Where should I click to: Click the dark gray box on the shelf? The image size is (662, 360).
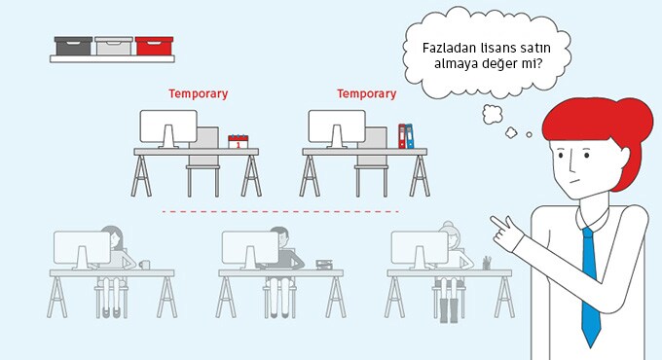click(x=73, y=46)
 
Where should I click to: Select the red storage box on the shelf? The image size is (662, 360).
click(x=154, y=46)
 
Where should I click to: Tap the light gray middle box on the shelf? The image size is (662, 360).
click(x=114, y=46)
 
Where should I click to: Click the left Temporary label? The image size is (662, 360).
click(x=198, y=93)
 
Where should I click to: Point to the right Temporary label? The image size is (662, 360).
click(x=366, y=93)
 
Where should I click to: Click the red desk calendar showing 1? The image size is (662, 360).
click(x=239, y=141)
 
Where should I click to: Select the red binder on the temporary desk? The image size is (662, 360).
click(x=401, y=136)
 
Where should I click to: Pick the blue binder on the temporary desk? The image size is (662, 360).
click(x=409, y=136)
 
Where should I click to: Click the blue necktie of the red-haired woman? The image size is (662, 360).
click(x=591, y=287)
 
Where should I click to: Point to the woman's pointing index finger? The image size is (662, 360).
click(x=497, y=222)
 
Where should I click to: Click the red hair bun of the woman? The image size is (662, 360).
click(x=636, y=123)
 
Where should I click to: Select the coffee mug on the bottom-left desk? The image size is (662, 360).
click(x=144, y=265)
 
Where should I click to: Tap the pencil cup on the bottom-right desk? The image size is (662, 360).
click(x=487, y=263)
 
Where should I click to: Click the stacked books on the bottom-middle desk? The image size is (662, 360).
click(x=324, y=265)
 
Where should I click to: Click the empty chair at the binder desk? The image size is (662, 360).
click(x=372, y=162)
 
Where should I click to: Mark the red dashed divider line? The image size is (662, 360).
click(x=280, y=211)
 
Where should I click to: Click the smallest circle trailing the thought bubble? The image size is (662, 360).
click(x=529, y=134)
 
